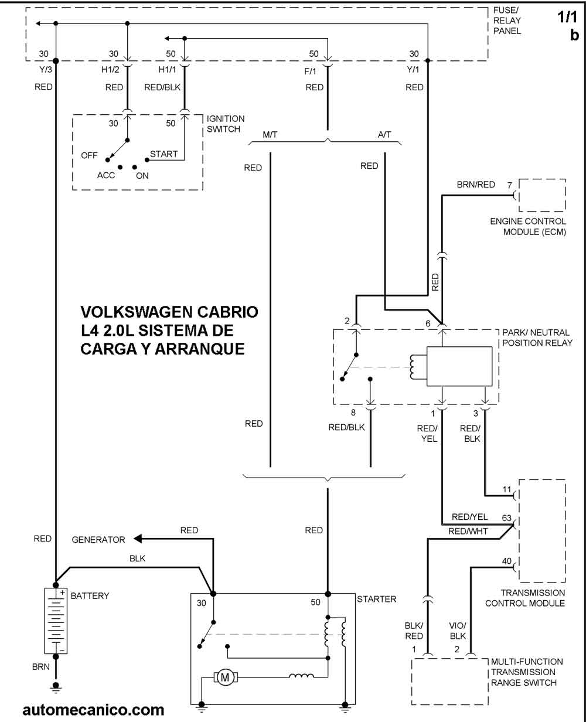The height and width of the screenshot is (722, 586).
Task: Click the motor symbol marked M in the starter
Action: click(224, 677)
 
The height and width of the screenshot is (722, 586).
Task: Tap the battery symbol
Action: click(56, 621)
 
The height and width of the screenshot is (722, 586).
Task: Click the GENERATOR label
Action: click(98, 540)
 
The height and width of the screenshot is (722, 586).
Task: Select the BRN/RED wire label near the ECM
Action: click(476, 185)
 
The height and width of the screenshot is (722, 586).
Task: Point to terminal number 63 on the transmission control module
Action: click(507, 518)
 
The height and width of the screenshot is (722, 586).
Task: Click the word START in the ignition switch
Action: click(163, 154)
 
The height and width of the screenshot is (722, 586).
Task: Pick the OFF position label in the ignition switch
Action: click(89, 155)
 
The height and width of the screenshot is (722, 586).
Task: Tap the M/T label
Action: click(270, 135)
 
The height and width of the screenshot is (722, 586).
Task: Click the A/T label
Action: click(384, 135)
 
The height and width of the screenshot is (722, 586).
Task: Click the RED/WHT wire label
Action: click(464, 532)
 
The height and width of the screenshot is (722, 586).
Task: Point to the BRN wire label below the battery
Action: click(41, 667)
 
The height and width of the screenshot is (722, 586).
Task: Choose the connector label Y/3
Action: click(44, 70)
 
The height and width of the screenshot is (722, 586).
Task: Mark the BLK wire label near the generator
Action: click(138, 558)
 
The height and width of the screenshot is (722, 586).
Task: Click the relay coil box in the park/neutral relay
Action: click(459, 367)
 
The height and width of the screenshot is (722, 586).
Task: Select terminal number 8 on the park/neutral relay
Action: click(353, 413)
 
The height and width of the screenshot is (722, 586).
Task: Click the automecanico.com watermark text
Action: click(93, 710)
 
